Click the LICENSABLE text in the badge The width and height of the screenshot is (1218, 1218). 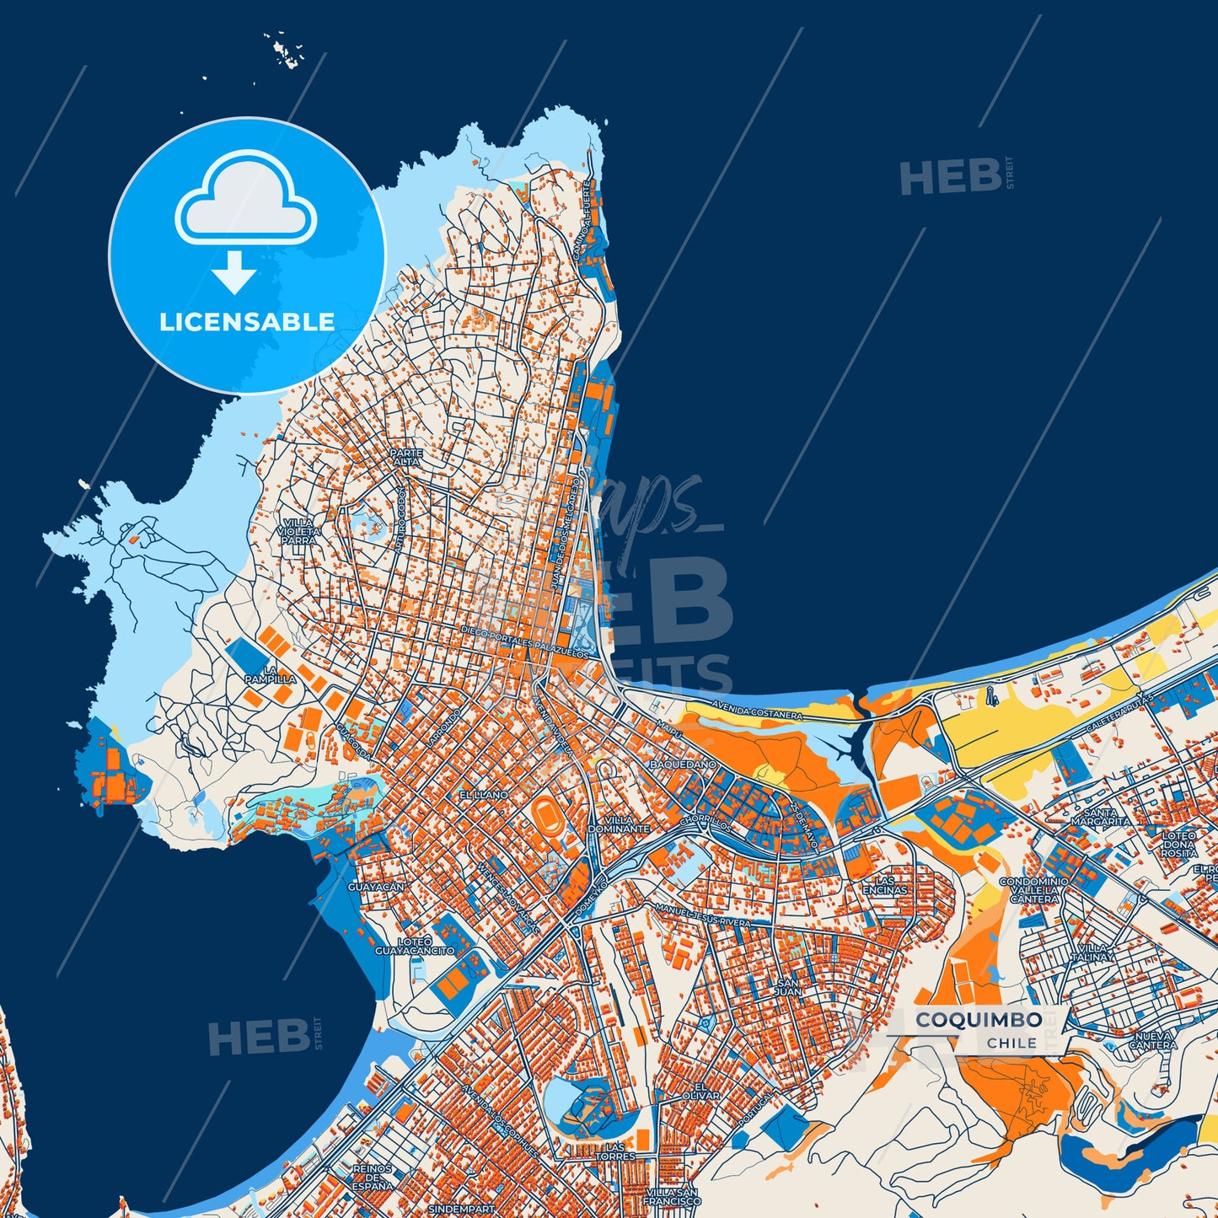point(247,322)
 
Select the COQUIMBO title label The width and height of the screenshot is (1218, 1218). point(979,1020)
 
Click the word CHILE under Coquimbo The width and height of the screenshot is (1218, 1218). point(1011,1043)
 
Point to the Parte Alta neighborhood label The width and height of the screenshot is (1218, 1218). point(406,457)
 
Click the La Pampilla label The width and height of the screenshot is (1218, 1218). point(270,674)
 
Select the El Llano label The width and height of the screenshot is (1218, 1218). point(483,795)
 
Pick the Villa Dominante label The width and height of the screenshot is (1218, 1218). point(619,824)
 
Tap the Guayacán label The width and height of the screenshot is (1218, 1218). point(376,887)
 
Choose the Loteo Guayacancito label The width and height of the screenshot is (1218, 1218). point(414,946)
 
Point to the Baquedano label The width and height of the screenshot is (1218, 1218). point(683,764)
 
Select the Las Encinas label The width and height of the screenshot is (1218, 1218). point(885,885)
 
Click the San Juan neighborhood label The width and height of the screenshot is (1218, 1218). point(788,987)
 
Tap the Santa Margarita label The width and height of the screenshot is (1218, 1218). point(1101,817)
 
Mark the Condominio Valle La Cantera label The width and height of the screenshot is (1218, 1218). point(1033,890)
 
